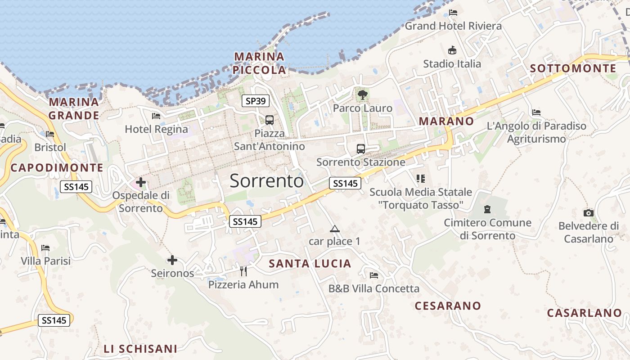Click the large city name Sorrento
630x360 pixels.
267,180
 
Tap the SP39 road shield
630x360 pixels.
256,101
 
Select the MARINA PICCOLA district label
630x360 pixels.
260,63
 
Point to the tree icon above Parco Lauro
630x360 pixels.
362,95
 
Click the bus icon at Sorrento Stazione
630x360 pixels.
360,149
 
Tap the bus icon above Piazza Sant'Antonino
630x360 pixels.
269,120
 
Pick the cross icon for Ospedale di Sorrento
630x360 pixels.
141,182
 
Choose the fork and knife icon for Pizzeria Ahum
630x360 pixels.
243,271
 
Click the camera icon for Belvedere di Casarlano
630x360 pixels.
588,213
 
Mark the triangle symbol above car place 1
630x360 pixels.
334,229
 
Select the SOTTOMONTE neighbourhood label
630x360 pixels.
573,68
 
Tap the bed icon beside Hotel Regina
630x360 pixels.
156,116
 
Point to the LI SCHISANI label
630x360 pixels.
140,349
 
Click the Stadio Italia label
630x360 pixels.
452,64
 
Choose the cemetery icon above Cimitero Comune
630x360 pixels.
486,209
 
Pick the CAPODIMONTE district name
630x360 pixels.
57,168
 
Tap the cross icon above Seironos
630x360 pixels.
172,260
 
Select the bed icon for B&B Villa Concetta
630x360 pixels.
373,275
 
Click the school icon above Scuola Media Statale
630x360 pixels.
421,179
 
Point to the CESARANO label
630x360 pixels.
448,306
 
